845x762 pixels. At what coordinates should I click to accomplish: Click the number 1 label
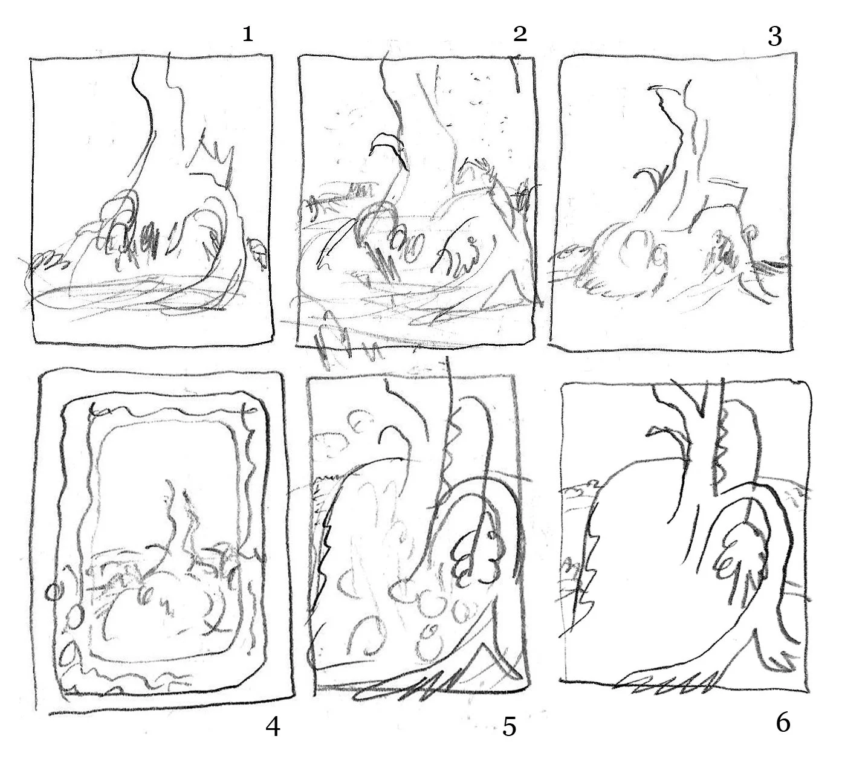[248, 34]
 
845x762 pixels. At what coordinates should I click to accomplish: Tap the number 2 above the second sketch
[520, 33]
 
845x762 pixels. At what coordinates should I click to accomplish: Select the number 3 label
[775, 37]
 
